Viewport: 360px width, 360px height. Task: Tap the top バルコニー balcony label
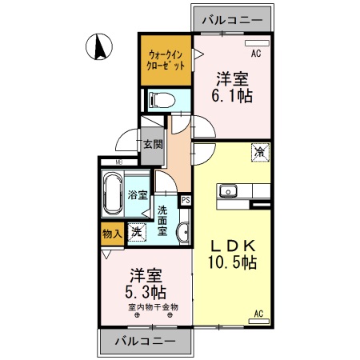[232, 18]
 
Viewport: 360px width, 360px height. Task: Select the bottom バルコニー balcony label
[144, 342]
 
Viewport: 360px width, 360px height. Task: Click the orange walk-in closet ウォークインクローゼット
[166, 60]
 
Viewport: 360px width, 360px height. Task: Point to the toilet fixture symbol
[158, 101]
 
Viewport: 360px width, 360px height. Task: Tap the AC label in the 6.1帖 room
[257, 54]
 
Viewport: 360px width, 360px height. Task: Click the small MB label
[118, 163]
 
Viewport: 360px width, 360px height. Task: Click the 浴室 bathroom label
[138, 194]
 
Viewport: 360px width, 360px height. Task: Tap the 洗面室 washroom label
[163, 221]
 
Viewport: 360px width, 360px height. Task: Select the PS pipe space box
[186, 200]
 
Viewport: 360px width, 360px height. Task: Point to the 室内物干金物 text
[152, 306]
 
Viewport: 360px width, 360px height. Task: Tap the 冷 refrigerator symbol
[260, 150]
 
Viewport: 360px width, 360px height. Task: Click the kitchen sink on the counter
[228, 190]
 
